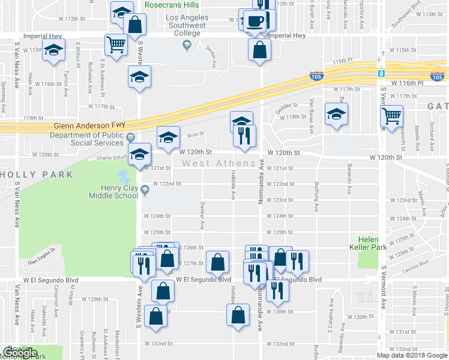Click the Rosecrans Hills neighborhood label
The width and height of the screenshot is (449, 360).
coord(172,5)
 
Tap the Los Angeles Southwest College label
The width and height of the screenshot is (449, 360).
coord(185,25)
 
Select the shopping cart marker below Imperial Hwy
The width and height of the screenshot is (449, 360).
coord(115,43)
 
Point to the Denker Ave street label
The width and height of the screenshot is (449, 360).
coord(202,219)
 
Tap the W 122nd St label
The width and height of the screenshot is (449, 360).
coord(167,184)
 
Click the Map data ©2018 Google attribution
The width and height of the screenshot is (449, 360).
coord(411,355)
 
